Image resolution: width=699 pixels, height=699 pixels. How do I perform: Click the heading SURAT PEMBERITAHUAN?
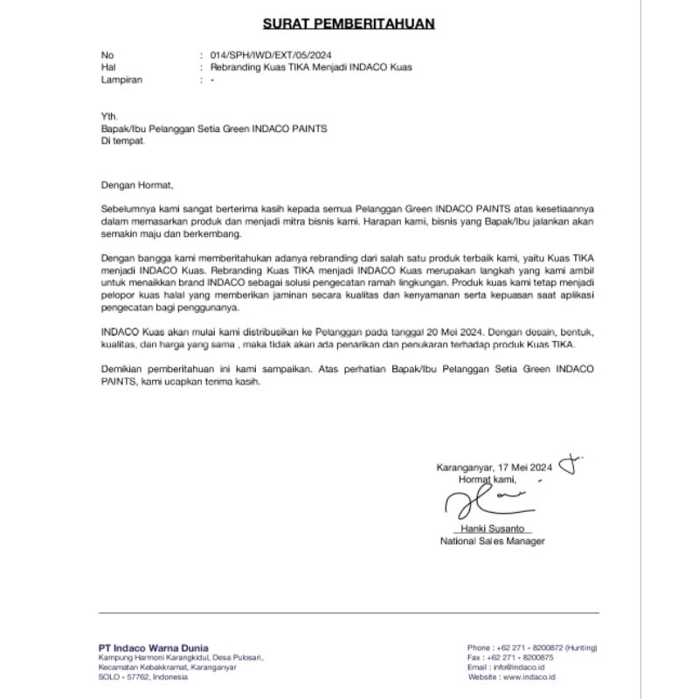tap(349, 23)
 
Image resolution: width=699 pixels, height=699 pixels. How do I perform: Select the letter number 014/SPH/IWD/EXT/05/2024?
tap(270, 54)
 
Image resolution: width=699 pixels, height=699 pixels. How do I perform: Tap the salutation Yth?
tap(108, 115)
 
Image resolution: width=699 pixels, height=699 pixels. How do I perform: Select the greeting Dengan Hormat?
tap(137, 185)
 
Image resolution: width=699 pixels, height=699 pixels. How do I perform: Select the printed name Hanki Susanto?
tap(493, 529)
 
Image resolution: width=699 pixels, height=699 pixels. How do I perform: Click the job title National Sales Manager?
tap(492, 542)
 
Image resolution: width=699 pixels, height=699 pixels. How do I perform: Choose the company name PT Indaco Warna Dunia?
tap(153, 647)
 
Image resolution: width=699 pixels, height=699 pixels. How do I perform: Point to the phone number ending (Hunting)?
tap(532, 648)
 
